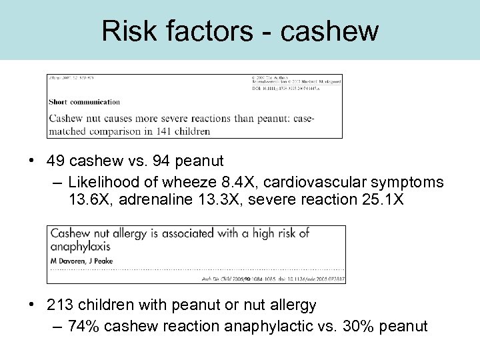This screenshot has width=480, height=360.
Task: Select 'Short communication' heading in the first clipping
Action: [85, 102]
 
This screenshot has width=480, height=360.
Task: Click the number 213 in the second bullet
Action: [60, 305]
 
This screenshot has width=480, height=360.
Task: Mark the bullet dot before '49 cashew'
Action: [32, 162]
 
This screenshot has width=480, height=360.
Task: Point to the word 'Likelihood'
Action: [100, 182]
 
